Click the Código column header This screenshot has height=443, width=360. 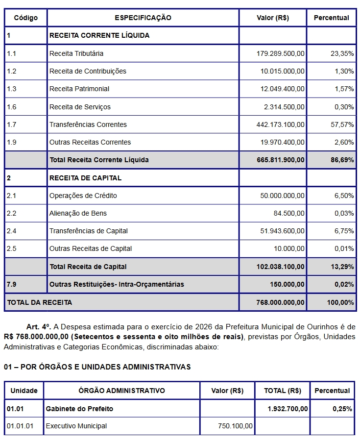[26, 18]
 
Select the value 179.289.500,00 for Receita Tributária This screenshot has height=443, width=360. [280, 53]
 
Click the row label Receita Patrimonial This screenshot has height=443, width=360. [79, 89]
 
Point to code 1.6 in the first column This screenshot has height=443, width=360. [12, 107]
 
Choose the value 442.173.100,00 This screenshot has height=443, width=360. [280, 124]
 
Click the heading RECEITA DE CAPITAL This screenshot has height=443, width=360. [85, 178]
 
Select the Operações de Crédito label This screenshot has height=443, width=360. [83, 196]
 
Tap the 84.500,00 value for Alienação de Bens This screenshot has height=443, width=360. [289, 213]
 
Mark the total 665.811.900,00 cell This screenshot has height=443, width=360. [280, 160]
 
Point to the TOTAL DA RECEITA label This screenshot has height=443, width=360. [40, 302]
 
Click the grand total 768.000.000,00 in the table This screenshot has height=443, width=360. [280, 302]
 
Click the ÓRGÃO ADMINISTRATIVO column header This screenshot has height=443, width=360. [121, 391]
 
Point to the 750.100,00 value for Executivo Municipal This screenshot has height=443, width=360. [235, 426]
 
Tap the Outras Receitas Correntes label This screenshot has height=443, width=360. [90, 142]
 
